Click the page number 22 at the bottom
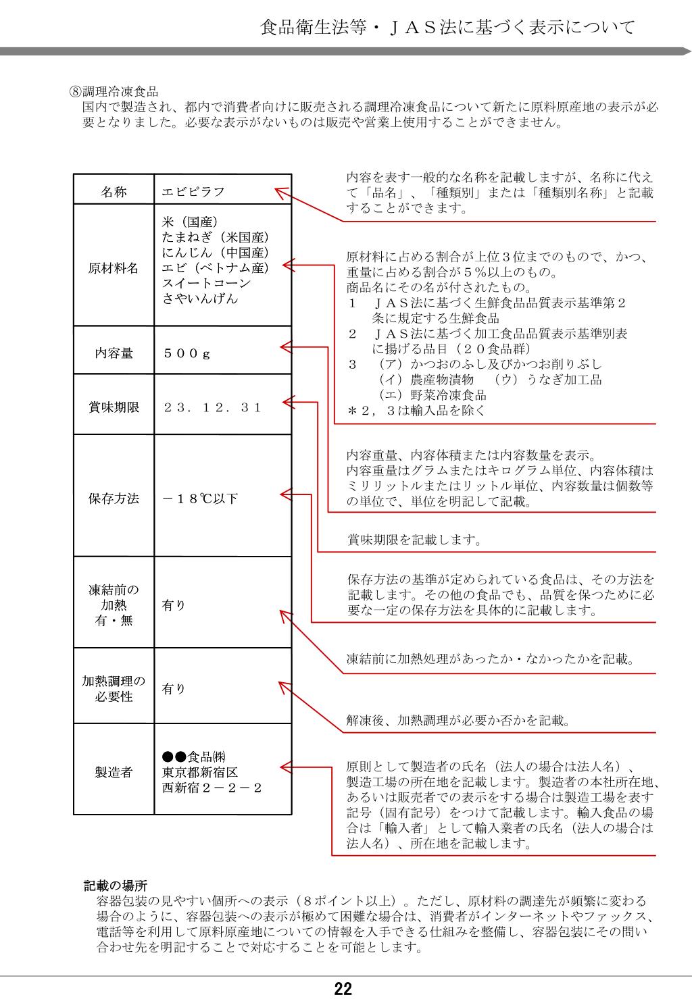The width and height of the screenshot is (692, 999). click(x=343, y=989)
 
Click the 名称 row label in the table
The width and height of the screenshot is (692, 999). click(x=114, y=192)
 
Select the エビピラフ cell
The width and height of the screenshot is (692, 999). click(x=193, y=192)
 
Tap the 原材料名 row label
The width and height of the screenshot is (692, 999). click(x=114, y=268)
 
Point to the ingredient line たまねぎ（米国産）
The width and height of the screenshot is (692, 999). click(x=216, y=237)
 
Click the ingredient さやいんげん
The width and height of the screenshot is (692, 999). click(x=200, y=299)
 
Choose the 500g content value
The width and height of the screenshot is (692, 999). click(x=187, y=353)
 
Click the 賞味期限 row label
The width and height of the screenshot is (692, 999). click(x=114, y=407)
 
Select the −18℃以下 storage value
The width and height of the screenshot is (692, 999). click(x=200, y=498)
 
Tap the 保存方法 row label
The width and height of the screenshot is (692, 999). click(x=114, y=498)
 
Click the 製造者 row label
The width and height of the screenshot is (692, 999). click(x=114, y=772)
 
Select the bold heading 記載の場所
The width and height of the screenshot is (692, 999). click(x=115, y=885)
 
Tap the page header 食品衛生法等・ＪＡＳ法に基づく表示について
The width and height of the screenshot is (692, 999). click(x=447, y=28)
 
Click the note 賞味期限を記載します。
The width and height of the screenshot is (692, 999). click(x=414, y=540)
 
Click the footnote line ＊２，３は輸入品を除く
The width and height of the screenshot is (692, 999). click(x=416, y=411)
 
